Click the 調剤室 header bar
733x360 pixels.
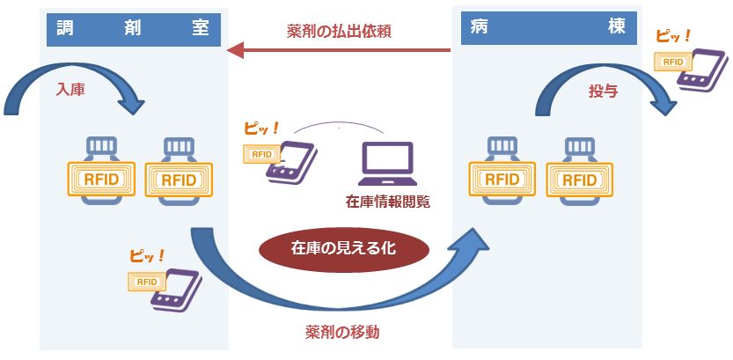click(x=135, y=27)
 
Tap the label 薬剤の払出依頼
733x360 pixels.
click(x=339, y=31)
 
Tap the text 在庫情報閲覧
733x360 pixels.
click(x=388, y=203)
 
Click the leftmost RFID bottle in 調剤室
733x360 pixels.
click(x=101, y=172)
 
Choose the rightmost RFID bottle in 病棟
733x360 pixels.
click(x=579, y=172)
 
